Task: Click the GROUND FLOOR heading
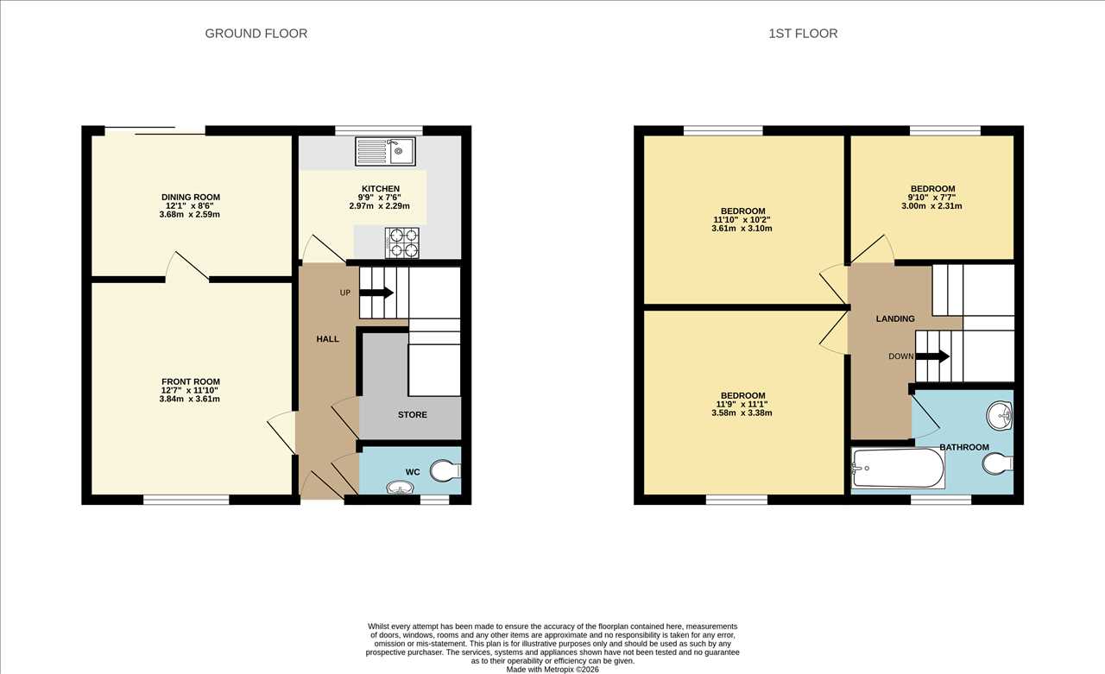pos(256,34)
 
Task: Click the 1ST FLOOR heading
pos(803,34)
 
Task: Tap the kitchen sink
pos(385,151)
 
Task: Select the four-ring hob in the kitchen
pos(402,243)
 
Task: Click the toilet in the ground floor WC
pos(445,471)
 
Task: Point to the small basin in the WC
pos(400,488)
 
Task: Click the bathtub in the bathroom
pos(899,468)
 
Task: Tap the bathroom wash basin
pos(1000,415)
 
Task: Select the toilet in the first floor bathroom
pos(997,464)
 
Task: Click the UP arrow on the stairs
pos(376,293)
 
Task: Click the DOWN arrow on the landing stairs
pos(932,356)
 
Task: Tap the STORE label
pos(413,414)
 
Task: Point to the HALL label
pos(327,338)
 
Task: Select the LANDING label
pos(895,318)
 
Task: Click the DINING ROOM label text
pos(191,198)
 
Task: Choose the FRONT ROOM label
pos(191,381)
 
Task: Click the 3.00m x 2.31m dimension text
pos(931,206)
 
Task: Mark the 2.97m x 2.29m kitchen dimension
pos(379,206)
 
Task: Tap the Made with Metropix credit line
pos(552,670)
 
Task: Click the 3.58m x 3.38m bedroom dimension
pos(742,413)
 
